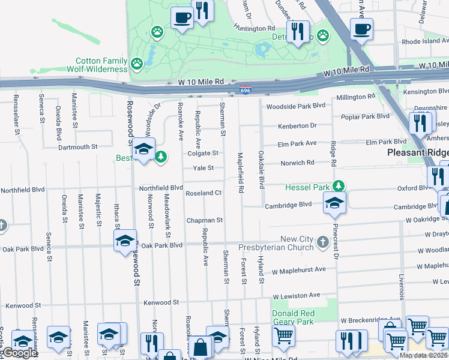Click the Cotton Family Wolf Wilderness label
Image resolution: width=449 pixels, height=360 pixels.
click(101, 65)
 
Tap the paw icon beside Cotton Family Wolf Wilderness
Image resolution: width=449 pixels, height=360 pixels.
click(137, 62)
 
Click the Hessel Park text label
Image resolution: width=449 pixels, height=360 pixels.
click(308, 187)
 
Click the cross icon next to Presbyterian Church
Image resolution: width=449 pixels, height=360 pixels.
click(323, 242)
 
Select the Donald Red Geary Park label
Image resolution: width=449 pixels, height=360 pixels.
click(293, 317)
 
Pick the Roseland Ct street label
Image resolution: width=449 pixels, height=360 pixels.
click(204, 193)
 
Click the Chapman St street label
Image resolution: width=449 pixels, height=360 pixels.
click(204, 220)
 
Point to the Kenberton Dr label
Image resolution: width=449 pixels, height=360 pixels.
click(297, 126)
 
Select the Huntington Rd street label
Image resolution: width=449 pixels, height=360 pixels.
click(255, 28)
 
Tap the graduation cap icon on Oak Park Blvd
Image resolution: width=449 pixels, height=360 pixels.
click(125, 241)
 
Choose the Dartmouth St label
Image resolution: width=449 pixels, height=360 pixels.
click(77, 146)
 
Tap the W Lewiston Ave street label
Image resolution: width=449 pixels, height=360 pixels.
click(297, 296)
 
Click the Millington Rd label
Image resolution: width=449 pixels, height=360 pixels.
click(355, 97)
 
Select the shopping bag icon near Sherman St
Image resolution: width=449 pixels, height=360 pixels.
click(200, 347)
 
